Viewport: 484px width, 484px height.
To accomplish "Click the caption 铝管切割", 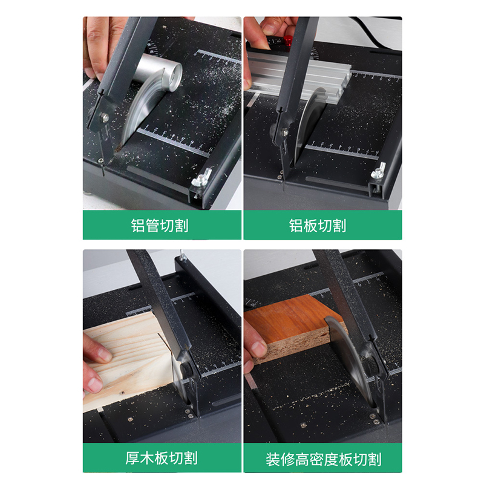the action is (x=160, y=225).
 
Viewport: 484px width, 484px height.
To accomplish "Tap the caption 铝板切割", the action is (x=318, y=225).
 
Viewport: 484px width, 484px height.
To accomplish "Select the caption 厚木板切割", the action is (x=161, y=458).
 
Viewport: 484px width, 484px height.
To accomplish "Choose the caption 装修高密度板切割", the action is (x=323, y=459).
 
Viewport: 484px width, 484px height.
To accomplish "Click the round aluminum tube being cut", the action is (x=157, y=73).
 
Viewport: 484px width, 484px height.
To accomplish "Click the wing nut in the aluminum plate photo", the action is (x=379, y=172).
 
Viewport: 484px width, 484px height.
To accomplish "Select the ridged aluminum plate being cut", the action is (x=299, y=76).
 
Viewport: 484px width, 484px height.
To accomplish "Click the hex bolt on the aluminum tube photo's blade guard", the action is (x=105, y=117).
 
